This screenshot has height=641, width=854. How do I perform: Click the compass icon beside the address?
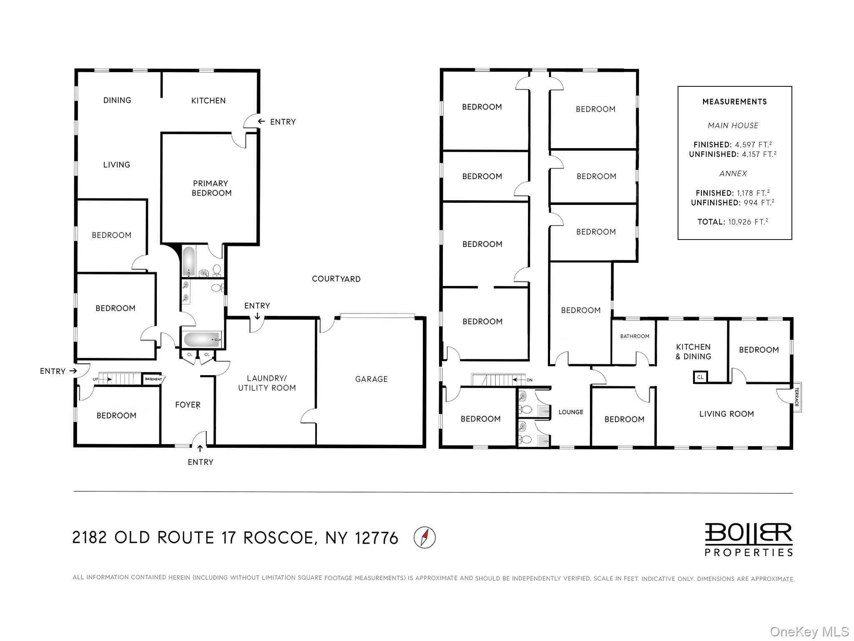(x=424, y=537)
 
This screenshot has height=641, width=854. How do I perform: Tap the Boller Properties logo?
(x=749, y=539)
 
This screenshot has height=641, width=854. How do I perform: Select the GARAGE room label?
(x=371, y=379)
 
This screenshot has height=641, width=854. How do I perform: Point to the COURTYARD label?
(x=336, y=279)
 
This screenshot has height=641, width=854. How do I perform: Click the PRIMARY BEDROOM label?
(x=211, y=188)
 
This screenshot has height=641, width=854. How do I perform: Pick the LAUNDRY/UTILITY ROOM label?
(x=267, y=383)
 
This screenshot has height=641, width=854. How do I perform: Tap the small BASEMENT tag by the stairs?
(x=153, y=379)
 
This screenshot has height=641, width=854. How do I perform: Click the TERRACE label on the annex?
(x=796, y=397)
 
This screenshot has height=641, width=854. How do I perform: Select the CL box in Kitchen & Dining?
(x=700, y=377)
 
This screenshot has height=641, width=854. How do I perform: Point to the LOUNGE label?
(x=570, y=412)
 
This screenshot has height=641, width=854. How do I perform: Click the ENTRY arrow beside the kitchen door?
(x=261, y=121)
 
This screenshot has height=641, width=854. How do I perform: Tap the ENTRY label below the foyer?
(x=201, y=462)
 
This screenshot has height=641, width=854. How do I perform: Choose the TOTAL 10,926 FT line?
(x=733, y=222)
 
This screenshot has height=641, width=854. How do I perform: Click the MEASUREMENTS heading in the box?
(x=734, y=102)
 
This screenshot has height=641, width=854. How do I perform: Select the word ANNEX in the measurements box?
(x=733, y=174)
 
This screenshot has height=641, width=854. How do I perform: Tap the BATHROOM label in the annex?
(x=634, y=336)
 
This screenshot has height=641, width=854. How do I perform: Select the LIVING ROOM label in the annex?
(x=726, y=414)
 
